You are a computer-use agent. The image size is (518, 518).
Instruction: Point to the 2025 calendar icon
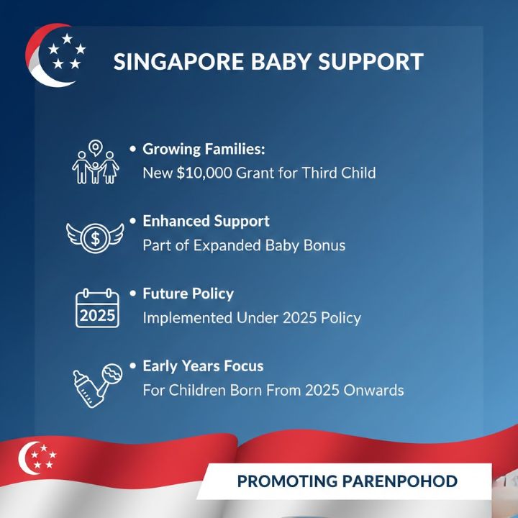click(96, 308)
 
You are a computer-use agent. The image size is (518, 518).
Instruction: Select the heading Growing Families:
click(204, 150)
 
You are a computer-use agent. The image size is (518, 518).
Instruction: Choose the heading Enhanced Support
click(206, 221)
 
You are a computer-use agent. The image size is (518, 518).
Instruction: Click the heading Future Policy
click(188, 294)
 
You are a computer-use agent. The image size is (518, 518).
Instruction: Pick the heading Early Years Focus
click(203, 366)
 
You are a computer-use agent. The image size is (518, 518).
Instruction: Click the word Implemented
click(188, 318)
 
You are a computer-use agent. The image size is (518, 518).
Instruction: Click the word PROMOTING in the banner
click(283, 481)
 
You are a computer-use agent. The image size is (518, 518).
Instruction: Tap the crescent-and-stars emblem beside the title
click(56, 55)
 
